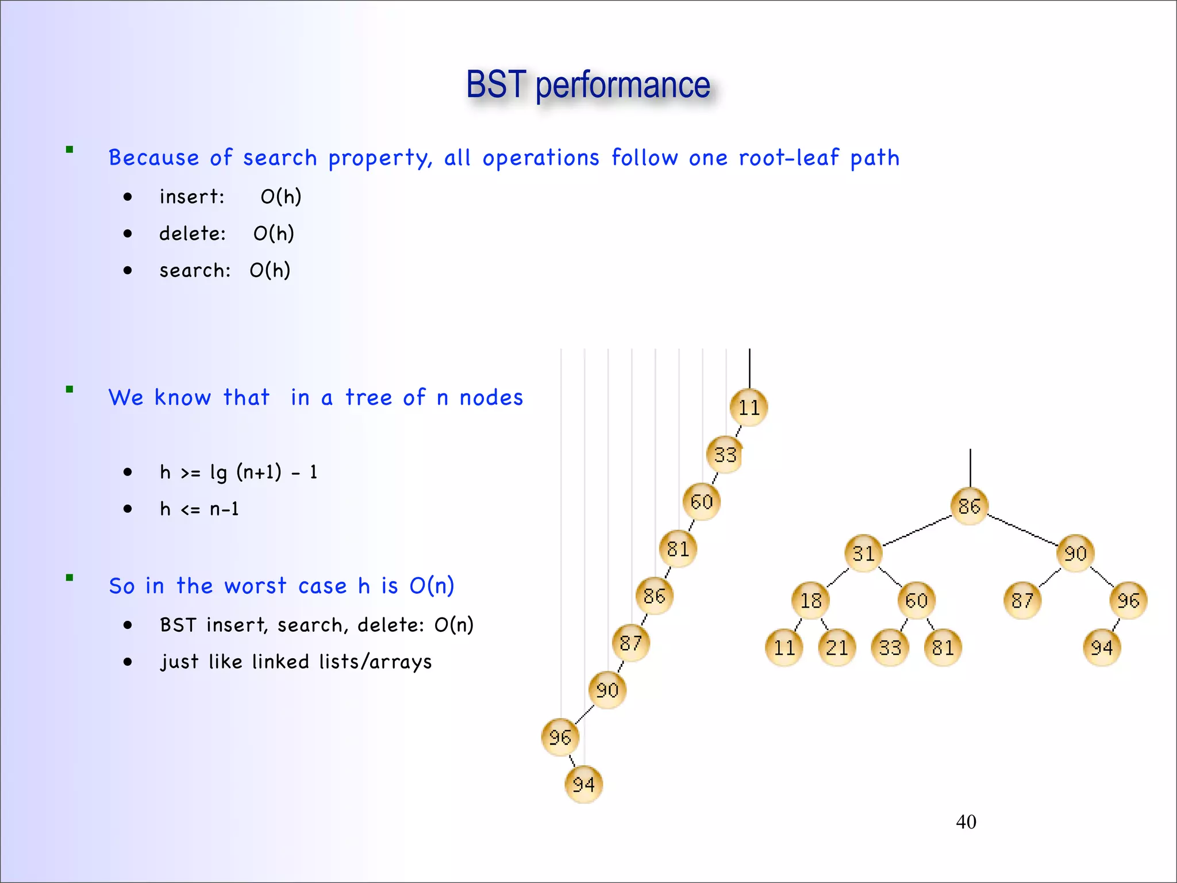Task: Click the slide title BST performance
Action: coord(588,85)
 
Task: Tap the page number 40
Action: coord(966,822)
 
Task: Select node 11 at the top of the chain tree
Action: coord(749,408)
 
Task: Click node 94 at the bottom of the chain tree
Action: coord(584,784)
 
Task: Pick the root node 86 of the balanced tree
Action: coord(970,506)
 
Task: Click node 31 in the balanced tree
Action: coord(864,554)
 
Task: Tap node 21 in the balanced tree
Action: coord(837,648)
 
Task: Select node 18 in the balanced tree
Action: coord(811,601)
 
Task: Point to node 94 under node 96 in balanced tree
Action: coord(1102,648)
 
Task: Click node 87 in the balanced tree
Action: coord(1022,601)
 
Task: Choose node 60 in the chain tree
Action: coord(702,502)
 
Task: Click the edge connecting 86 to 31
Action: coord(917,531)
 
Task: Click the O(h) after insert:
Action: coord(281,197)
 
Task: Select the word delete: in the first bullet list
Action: coord(193,234)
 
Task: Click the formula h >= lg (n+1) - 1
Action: coord(239,473)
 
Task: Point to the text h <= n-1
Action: coord(199,509)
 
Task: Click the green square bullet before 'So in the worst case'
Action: coord(70,578)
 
